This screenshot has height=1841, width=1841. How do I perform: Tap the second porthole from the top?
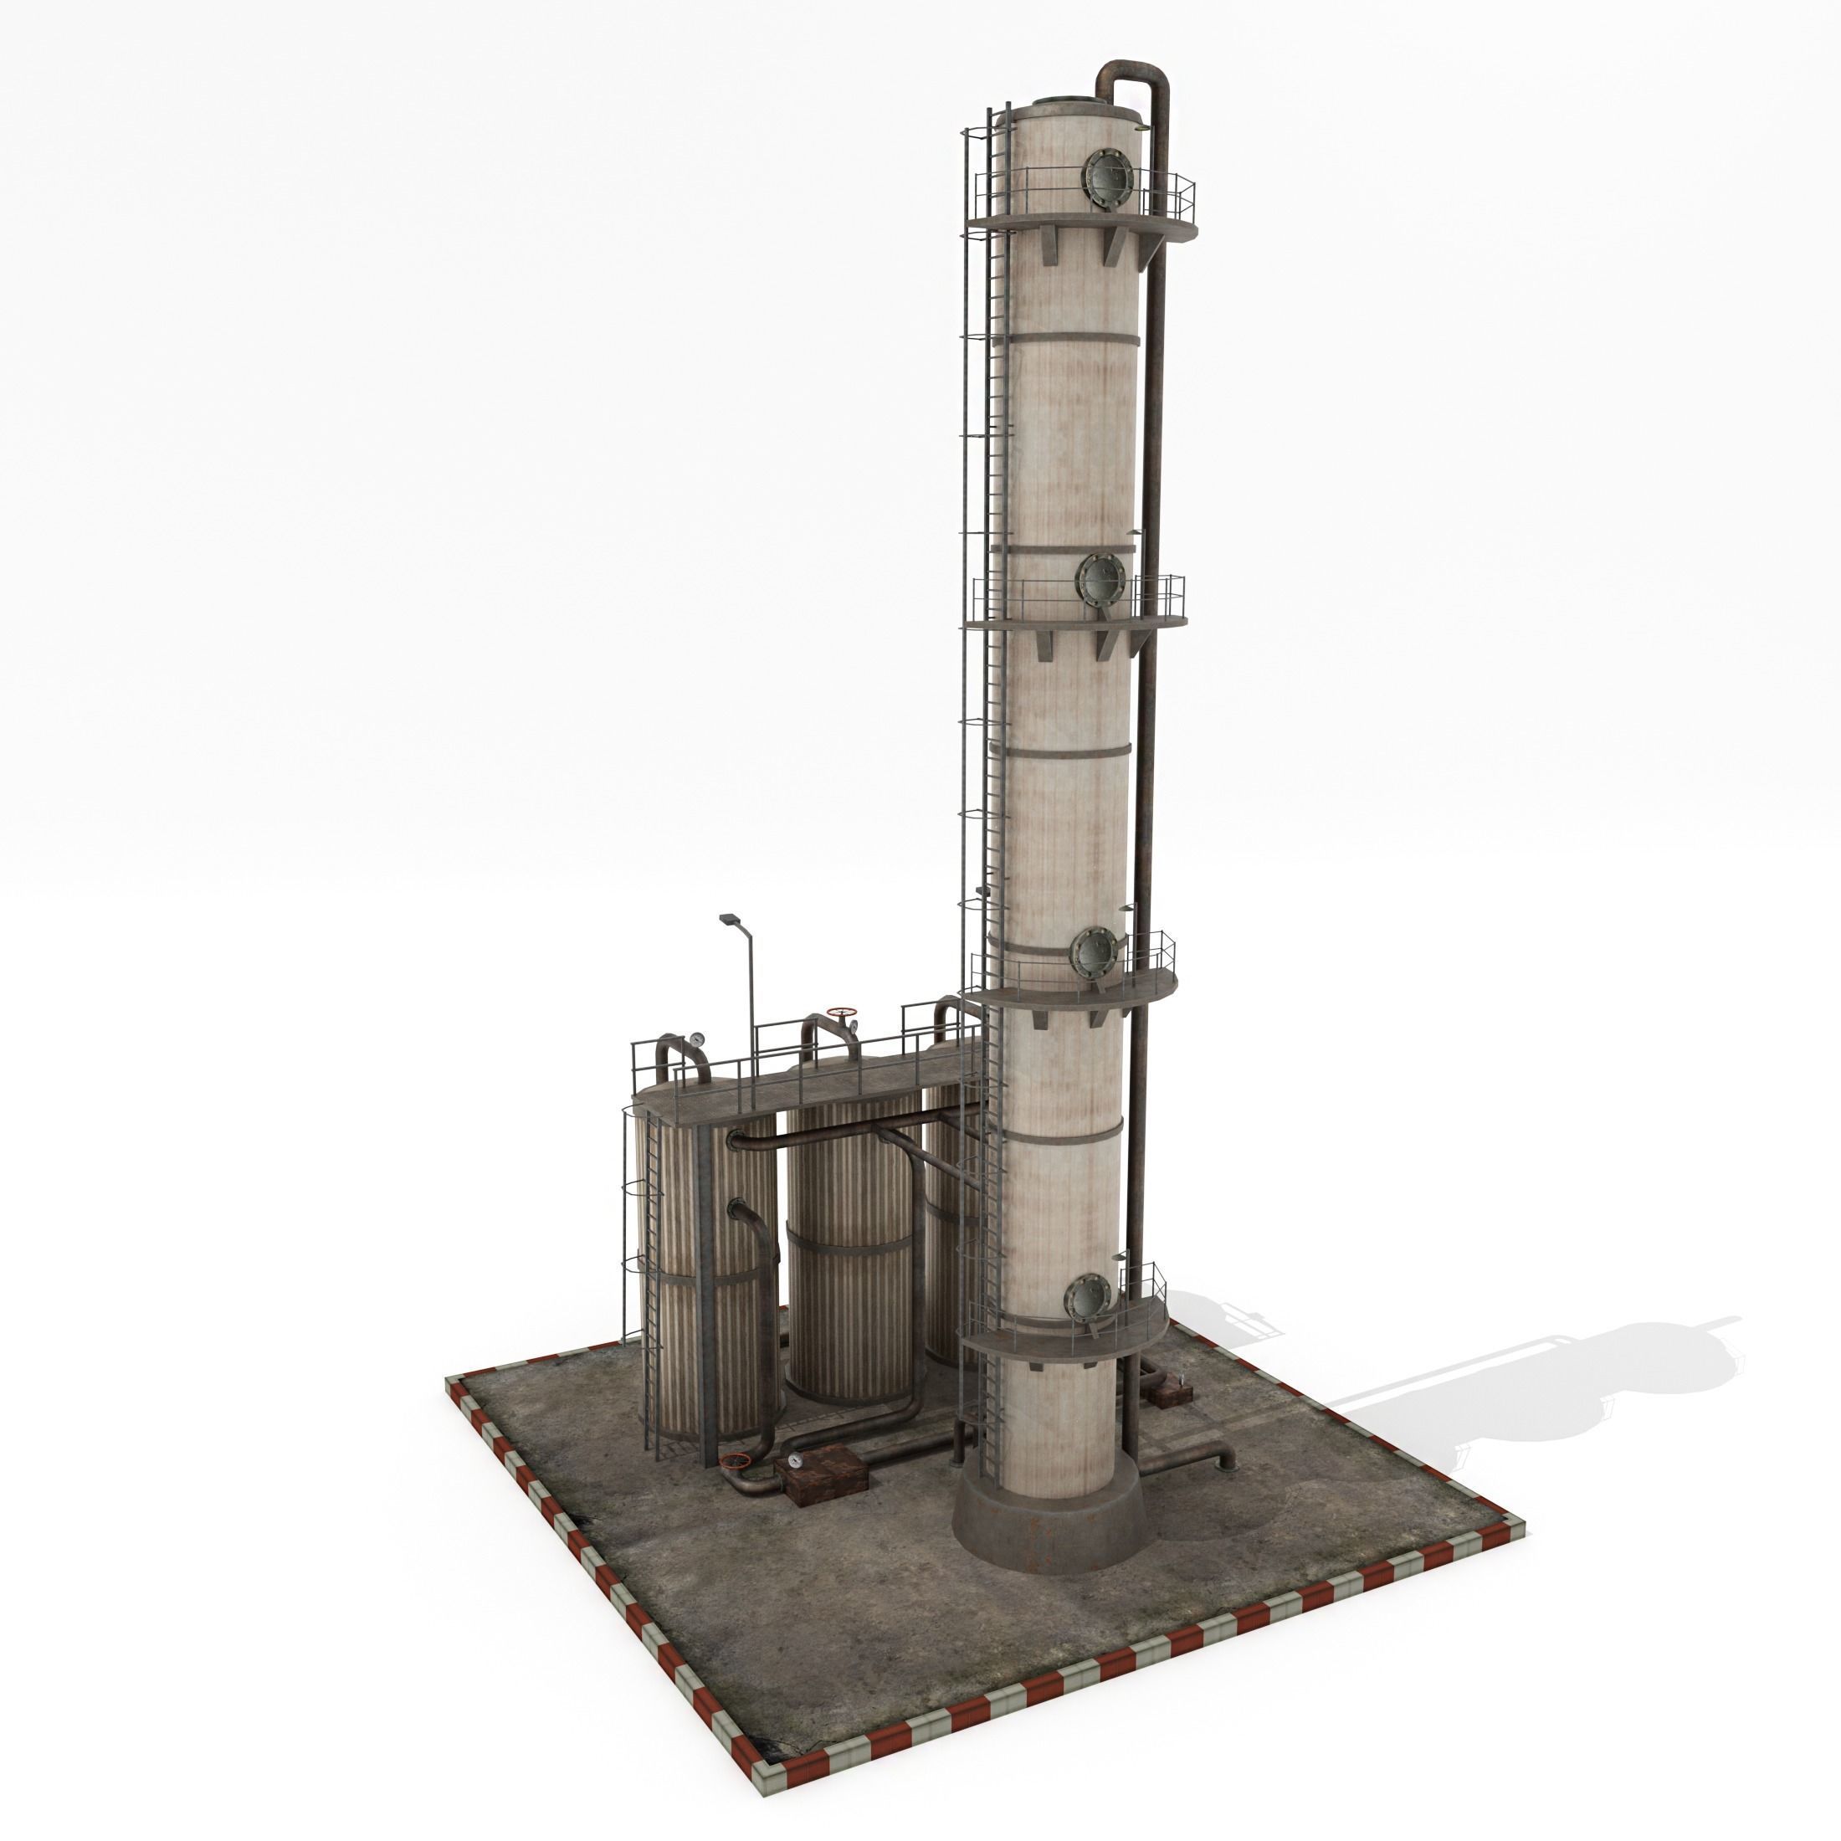pos(1101,578)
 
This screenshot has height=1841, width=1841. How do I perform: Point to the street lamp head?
pos(729,919)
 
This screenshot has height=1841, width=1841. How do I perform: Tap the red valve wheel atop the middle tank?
pos(841,1011)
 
